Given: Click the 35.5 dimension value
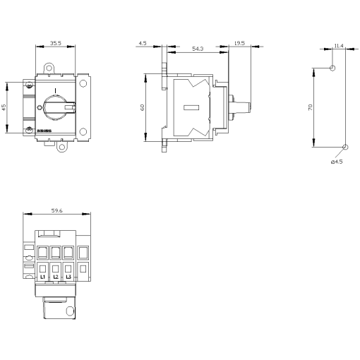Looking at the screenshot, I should pos(55,43).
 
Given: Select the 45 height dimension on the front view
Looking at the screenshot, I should pos(4,107).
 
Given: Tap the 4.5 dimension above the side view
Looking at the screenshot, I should pos(143,43).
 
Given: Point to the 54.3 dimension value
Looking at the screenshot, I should pos(198,48).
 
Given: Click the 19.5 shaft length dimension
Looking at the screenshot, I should pos(238,43).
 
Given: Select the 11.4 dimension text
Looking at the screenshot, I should pos(338,46).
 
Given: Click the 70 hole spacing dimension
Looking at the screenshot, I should pos(309,109).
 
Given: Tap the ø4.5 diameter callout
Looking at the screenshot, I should pos(336,162).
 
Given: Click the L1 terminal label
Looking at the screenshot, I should pos(42,276).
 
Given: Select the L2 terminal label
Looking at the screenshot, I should pos(56,276).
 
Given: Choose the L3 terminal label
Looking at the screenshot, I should pos(68,276).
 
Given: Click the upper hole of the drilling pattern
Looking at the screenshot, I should pos(333,68).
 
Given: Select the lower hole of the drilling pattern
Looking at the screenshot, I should pos(344,148).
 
